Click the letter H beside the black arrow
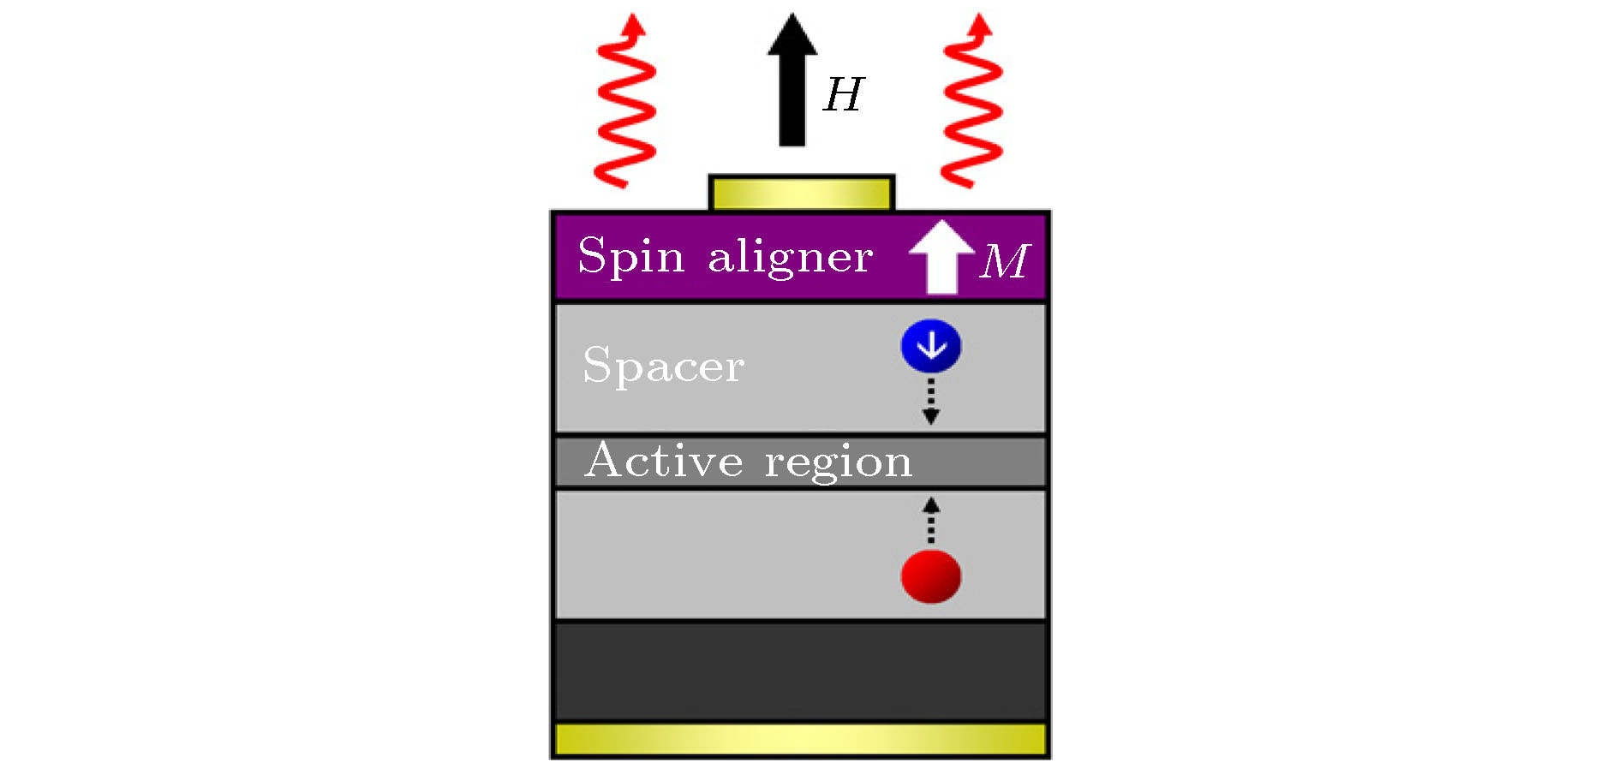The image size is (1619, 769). [844, 95]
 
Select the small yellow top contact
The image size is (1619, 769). [801, 194]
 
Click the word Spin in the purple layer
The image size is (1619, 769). [631, 256]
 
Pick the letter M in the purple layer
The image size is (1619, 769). [1005, 261]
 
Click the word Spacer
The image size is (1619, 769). [663, 367]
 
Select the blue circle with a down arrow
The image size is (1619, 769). [931, 346]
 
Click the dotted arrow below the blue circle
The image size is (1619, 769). [931, 401]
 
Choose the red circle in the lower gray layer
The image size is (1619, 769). [931, 576]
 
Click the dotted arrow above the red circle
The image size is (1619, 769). [931, 521]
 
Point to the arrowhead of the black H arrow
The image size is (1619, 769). [792, 34]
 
